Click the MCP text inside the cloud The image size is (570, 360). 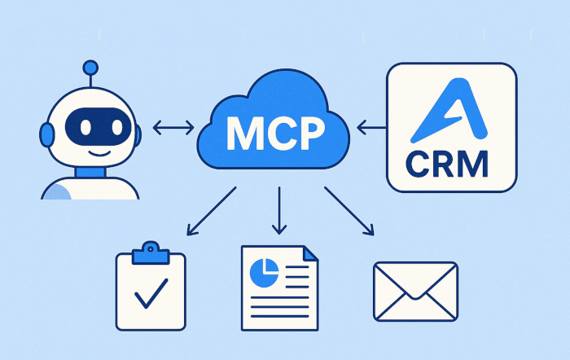pos(274,131)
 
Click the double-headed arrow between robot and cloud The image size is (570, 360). pos(173,127)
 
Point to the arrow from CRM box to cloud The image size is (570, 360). pos(372,127)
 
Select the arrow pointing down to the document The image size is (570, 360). pos(278,211)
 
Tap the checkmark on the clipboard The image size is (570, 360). pos(151,293)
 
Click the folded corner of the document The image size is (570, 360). pos(310,254)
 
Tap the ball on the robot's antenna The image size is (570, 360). pos(90,67)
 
